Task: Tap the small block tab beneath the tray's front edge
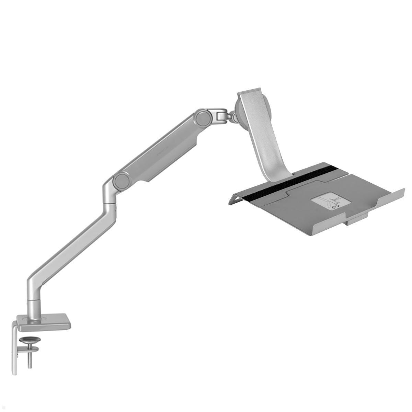point(357,219)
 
